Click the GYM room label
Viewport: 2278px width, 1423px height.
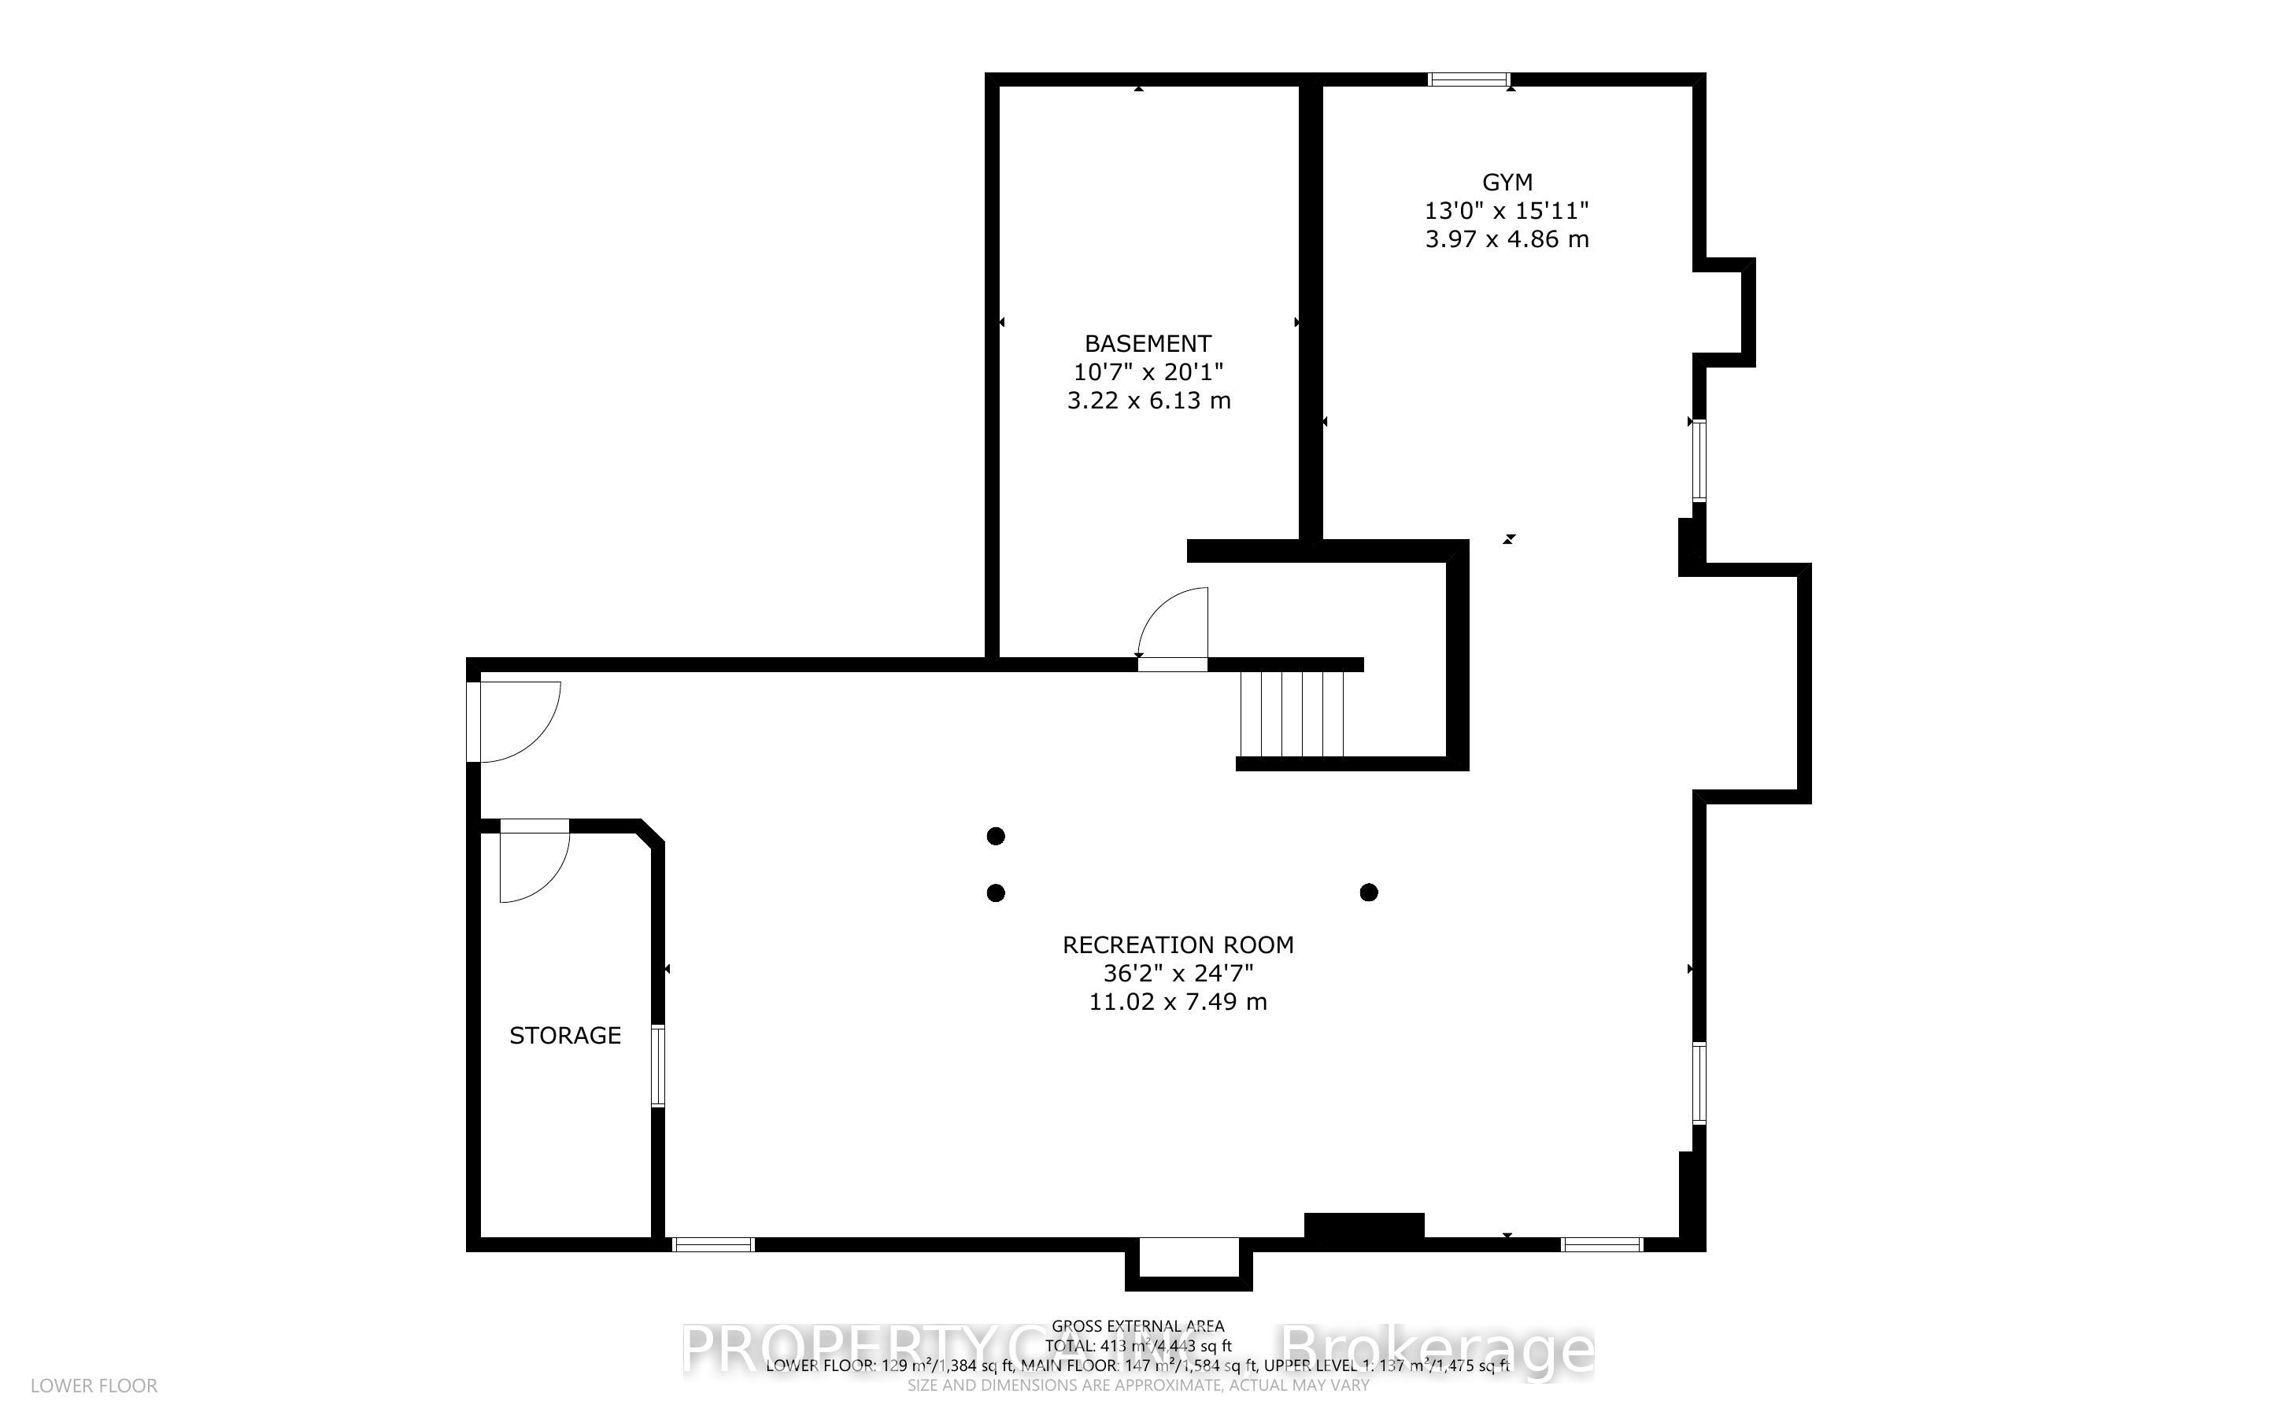(1507, 182)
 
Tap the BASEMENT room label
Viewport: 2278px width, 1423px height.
(1147, 343)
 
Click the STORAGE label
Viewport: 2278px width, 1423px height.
(564, 1035)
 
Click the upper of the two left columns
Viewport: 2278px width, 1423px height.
(996, 836)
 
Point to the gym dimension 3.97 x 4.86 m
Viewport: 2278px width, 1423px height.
(1507, 239)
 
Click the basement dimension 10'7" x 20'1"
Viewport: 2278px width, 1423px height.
(1148, 371)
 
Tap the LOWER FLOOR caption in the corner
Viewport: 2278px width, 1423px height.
(94, 1385)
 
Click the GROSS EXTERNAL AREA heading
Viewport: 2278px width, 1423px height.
(1137, 1326)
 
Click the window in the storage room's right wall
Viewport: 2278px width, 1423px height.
(658, 1066)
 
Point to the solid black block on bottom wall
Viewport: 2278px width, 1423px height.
(1363, 1225)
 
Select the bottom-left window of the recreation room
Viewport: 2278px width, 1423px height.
(713, 1244)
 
